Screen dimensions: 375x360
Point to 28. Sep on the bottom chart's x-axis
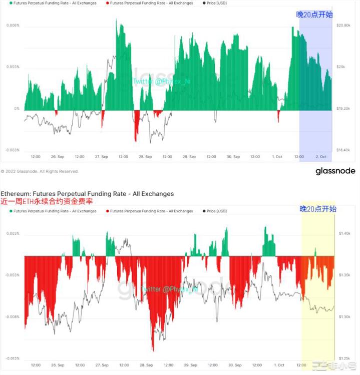pyautogui.click(x=145, y=365)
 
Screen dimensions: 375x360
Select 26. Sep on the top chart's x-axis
pyautogui.click(x=57, y=157)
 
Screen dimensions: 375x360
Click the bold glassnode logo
pyautogui.click(x=335, y=171)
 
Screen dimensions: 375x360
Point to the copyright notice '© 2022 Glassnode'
pyautogui.click(x=40, y=171)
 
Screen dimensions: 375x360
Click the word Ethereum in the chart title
pyautogui.click(x=17, y=193)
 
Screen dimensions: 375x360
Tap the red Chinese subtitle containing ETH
pyautogui.click(x=48, y=201)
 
